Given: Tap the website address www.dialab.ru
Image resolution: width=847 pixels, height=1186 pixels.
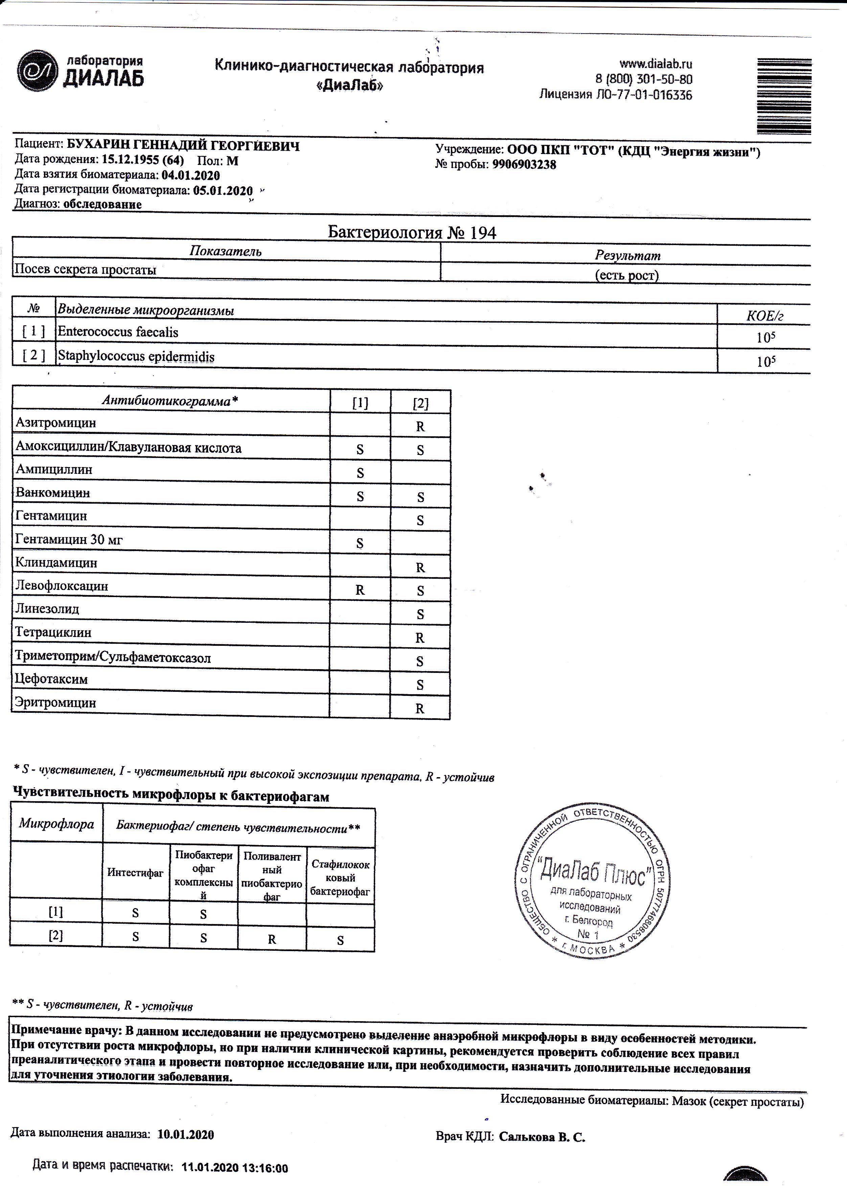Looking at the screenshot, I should [x=656, y=64].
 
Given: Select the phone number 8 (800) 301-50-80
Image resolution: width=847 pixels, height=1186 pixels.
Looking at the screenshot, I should [x=644, y=79].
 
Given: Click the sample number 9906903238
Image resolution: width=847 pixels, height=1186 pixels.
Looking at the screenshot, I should [x=524, y=165].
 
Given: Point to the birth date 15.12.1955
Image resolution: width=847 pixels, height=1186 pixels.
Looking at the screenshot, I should [x=130, y=161].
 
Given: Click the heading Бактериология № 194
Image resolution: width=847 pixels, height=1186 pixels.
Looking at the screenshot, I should [x=412, y=233].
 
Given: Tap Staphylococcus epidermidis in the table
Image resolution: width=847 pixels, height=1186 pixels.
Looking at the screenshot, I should [x=136, y=357].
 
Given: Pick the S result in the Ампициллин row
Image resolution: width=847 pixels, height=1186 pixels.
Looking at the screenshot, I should [x=360, y=473].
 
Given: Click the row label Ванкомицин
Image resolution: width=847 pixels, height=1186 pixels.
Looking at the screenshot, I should [x=53, y=492].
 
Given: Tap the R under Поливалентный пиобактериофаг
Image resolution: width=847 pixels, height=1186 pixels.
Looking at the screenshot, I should [x=272, y=940].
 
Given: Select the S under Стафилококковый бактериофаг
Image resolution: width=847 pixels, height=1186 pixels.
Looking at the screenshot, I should [x=340, y=940].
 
